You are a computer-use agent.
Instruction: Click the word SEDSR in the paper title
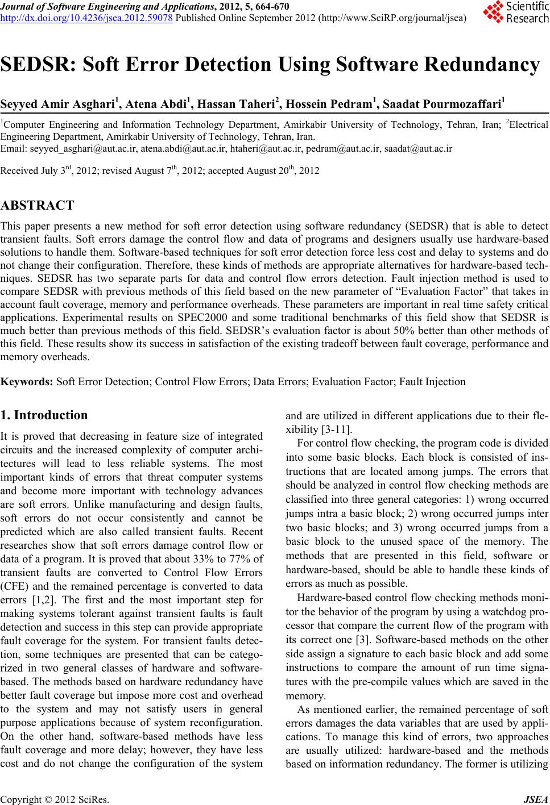tap(38, 65)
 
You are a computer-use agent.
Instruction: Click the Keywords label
tap(27, 382)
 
